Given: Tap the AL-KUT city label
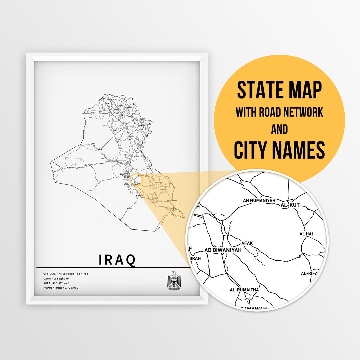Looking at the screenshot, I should point(290,205).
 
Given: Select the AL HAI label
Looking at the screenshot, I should point(306,234).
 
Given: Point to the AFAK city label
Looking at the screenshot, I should point(248,243).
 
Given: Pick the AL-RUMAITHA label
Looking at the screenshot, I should point(244,290).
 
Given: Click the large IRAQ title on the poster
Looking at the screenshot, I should point(117,260).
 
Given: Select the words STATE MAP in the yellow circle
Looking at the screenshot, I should point(279,90).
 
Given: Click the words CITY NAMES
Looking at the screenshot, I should point(279,150).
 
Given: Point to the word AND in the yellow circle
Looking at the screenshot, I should point(279,129).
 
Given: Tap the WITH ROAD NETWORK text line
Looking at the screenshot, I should point(279,112).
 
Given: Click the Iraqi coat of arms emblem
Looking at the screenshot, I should point(174,281).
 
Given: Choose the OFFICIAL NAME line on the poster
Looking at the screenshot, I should point(66,274).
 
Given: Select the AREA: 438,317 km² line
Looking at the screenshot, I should point(59,283).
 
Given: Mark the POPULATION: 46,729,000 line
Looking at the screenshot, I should point(61,288).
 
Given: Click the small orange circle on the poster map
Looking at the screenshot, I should point(136,179).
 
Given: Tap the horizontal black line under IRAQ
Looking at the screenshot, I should point(113,268).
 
